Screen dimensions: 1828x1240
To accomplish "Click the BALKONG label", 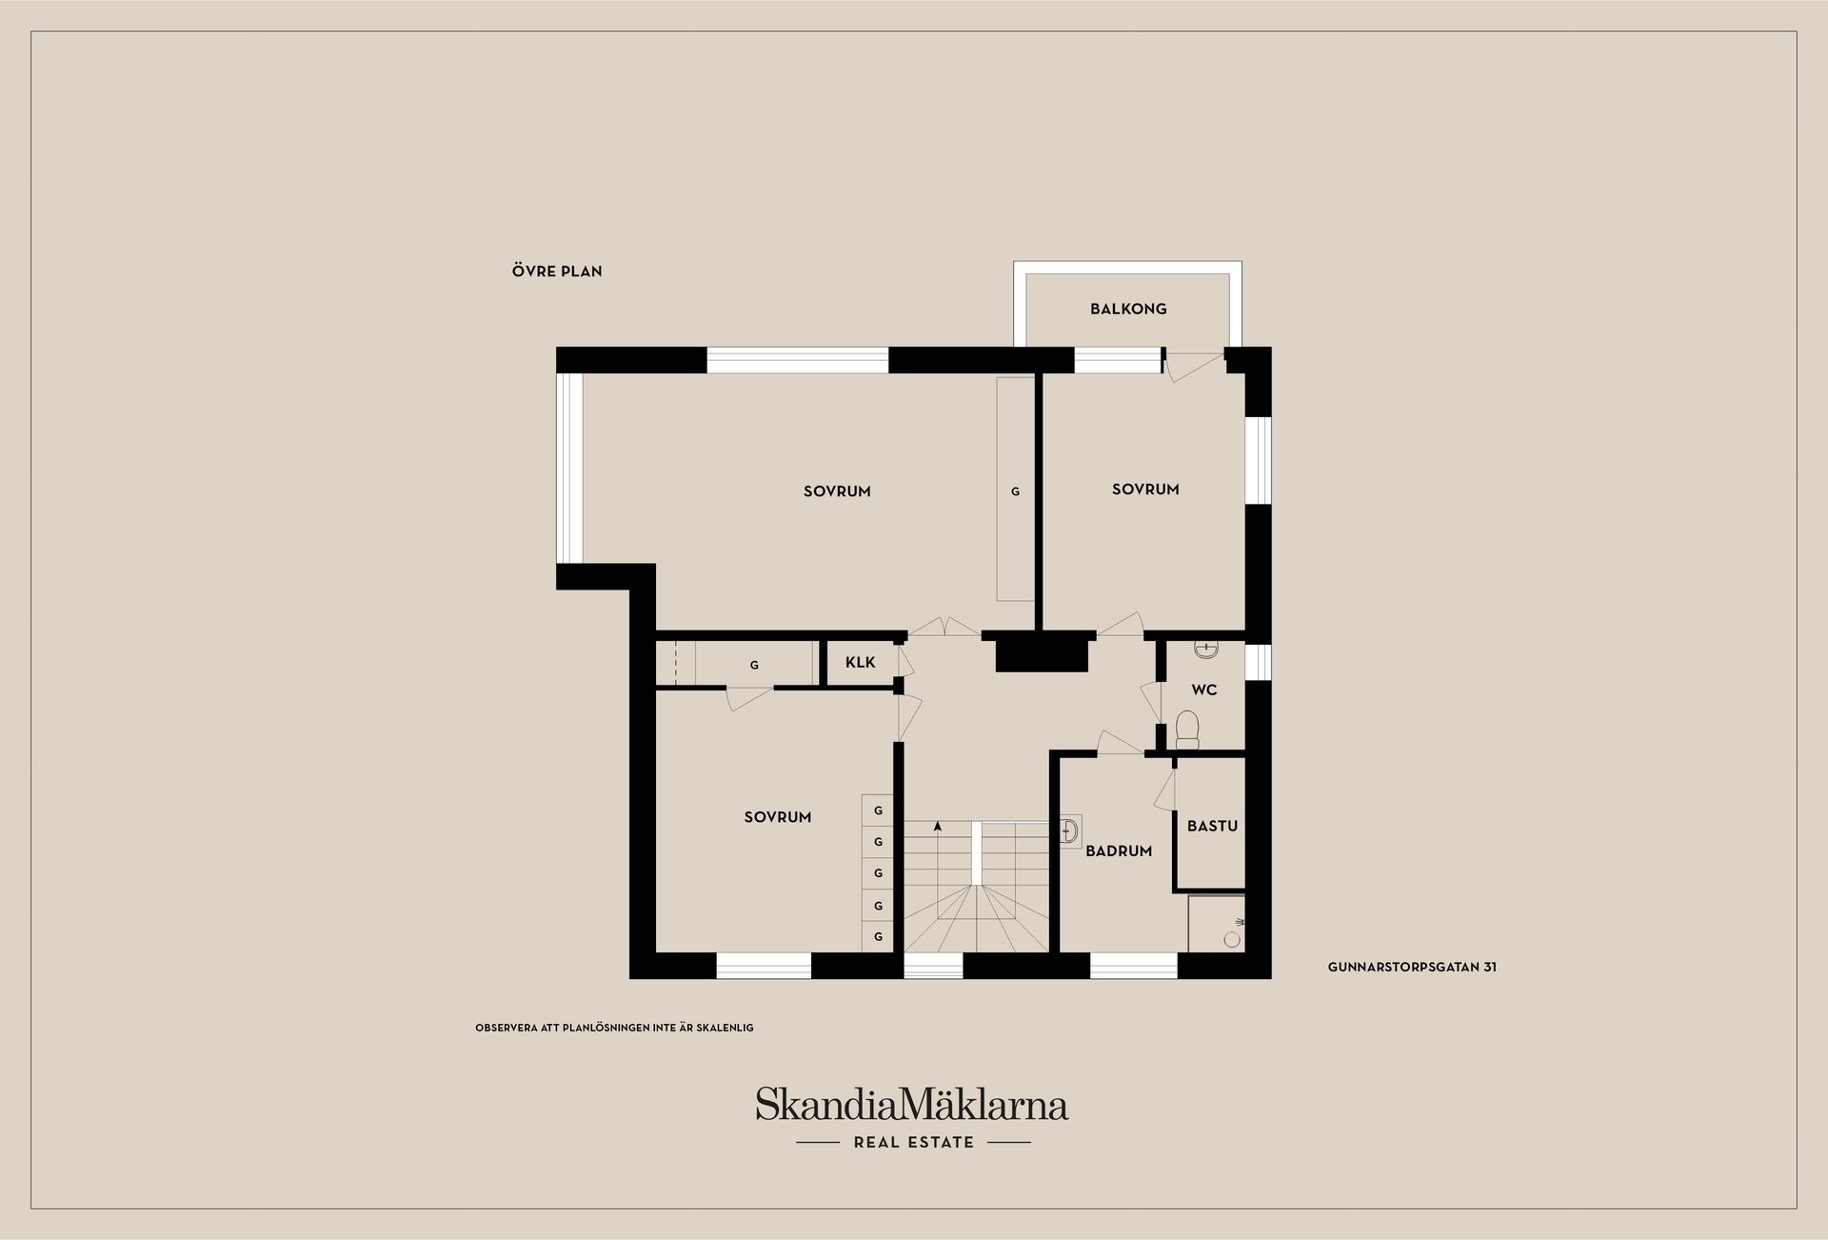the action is click(x=1128, y=309).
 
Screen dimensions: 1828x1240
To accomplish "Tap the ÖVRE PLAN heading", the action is click(x=557, y=271).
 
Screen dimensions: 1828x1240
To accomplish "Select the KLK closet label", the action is click(x=860, y=663).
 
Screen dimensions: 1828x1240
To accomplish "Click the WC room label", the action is click(x=1204, y=690).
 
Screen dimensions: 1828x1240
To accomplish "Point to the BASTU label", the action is click(x=1212, y=826).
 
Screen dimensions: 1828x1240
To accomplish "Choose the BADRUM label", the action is click(x=1119, y=851).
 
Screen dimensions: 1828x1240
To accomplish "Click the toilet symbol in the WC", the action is click(x=1187, y=729).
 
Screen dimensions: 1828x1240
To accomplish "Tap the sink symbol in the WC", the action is click(x=1206, y=650).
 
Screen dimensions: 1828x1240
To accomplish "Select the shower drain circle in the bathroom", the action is click(x=1232, y=939).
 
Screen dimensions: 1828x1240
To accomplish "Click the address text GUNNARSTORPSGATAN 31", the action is click(x=1412, y=967).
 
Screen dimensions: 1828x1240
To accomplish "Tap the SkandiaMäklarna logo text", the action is click(x=912, y=1105).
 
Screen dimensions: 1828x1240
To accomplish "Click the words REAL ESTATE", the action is click(x=914, y=1143).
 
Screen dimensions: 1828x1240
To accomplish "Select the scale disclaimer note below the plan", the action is click(x=614, y=1028).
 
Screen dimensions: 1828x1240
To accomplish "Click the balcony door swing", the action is click(x=1195, y=366).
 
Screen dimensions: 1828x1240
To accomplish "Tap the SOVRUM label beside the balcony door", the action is click(x=1145, y=490).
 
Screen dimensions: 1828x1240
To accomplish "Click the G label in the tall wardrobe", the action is click(x=1015, y=492).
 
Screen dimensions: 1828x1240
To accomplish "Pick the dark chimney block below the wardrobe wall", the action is click(x=1041, y=651).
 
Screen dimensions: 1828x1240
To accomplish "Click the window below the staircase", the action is click(x=933, y=967).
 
